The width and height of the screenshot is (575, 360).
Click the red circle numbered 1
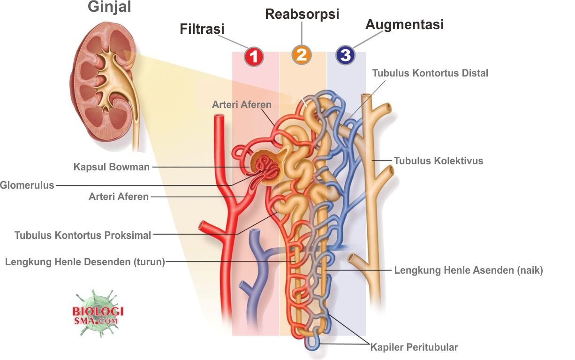254,57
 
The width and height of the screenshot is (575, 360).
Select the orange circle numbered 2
301,55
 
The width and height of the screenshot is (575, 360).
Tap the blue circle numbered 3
345,55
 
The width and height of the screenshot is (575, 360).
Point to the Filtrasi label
202,29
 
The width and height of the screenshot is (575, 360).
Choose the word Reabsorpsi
302,14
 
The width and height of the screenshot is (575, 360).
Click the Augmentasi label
404,24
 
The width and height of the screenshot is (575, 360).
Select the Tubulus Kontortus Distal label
430,73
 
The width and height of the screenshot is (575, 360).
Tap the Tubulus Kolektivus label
438,161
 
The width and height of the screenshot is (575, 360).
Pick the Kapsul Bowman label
112,167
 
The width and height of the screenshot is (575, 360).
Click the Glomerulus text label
27,185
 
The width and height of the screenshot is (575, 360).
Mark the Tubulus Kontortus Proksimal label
83,235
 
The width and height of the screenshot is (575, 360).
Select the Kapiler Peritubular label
414,347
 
